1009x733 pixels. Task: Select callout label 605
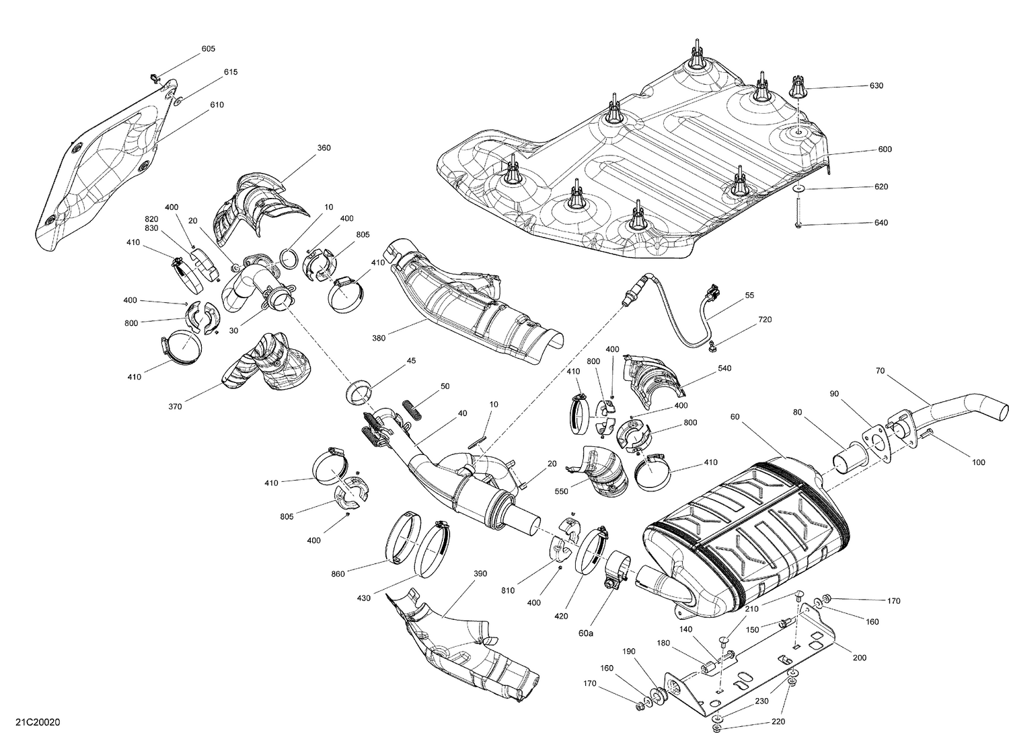[209, 49]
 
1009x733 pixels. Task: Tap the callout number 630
[876, 86]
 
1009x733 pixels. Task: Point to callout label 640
[881, 223]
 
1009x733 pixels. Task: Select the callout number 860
[338, 573]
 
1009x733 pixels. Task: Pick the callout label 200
[860, 658]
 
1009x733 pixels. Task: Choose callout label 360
[324, 148]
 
